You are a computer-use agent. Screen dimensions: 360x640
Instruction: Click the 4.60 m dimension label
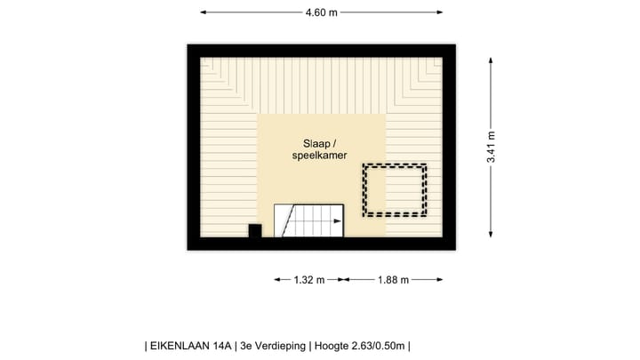pos(321,12)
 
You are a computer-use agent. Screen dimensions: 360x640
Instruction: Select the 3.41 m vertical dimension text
pos(491,147)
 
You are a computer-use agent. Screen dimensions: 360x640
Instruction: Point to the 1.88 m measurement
pos(392,279)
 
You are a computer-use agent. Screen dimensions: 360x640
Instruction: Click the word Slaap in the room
pos(316,142)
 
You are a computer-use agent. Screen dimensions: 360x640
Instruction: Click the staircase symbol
pos(308,220)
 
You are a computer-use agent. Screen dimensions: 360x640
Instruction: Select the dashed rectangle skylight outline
pos(394,190)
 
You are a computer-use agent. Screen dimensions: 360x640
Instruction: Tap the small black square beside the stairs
pos(254,231)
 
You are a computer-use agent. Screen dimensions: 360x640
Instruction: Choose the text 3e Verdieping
pos(273,346)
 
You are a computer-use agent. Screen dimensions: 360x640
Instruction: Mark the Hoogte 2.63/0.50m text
pos(357,346)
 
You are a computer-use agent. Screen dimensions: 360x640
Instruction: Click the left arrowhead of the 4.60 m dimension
pos(203,12)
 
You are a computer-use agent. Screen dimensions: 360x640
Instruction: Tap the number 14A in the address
pos(220,346)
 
